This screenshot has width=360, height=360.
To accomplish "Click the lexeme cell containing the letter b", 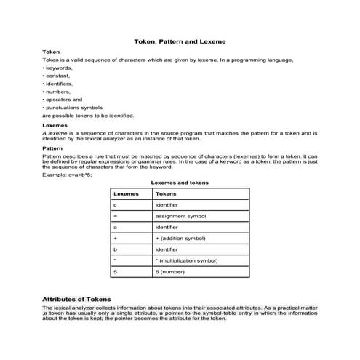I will point(116,249).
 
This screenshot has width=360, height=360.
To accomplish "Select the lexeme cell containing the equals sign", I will point(116,217).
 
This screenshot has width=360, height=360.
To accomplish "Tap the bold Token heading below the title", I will point(51,53).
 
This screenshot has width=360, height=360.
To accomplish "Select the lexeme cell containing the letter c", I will point(116,206).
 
